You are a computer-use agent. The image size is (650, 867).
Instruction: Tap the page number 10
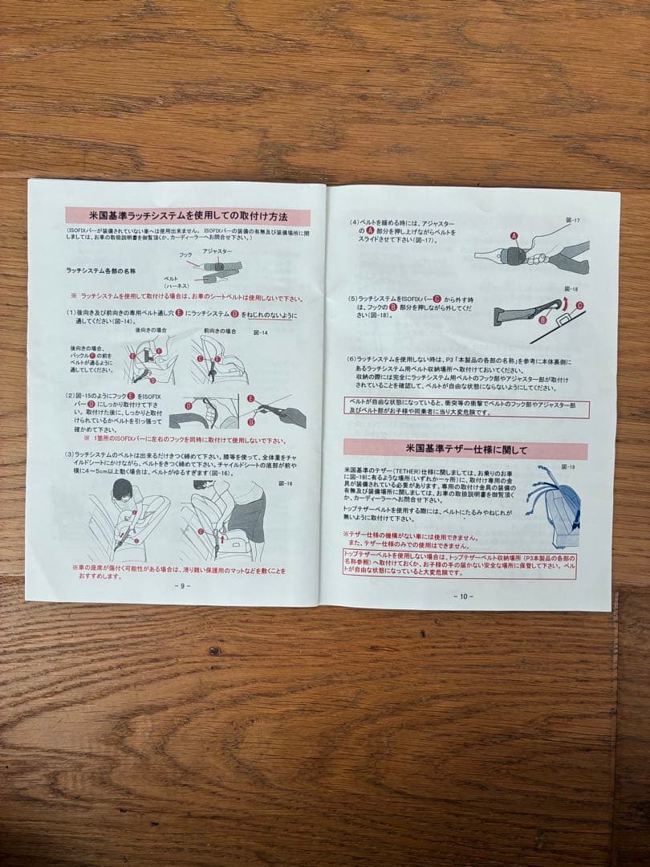pyautogui.click(x=463, y=596)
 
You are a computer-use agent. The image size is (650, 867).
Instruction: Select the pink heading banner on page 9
pyautogui.click(x=187, y=216)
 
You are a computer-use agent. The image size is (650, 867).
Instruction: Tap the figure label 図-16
pyautogui.click(x=283, y=483)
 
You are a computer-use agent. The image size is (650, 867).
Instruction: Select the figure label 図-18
pyautogui.click(x=571, y=287)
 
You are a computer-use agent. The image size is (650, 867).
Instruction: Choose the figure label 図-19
pyautogui.click(x=568, y=466)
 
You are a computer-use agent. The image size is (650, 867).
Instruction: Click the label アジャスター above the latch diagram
pyautogui.click(x=217, y=251)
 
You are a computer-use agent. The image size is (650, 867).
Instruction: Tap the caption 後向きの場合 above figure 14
pyautogui.click(x=151, y=331)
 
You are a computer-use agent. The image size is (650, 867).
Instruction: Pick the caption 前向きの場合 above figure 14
pyautogui.click(x=219, y=331)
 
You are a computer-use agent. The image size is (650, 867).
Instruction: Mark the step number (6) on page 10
pyautogui.click(x=351, y=359)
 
